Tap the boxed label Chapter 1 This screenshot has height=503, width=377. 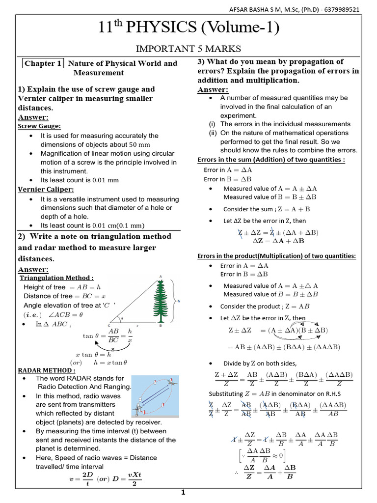(43, 64)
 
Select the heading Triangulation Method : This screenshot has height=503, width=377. (56, 278)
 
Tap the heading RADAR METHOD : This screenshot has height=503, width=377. (47, 370)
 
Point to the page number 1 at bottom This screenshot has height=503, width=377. (183, 493)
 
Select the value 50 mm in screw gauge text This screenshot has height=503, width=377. (139, 145)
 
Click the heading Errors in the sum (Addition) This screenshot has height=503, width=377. (271, 160)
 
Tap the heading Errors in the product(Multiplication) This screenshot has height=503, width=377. (276, 256)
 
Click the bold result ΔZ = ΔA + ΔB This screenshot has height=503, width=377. (278, 241)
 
